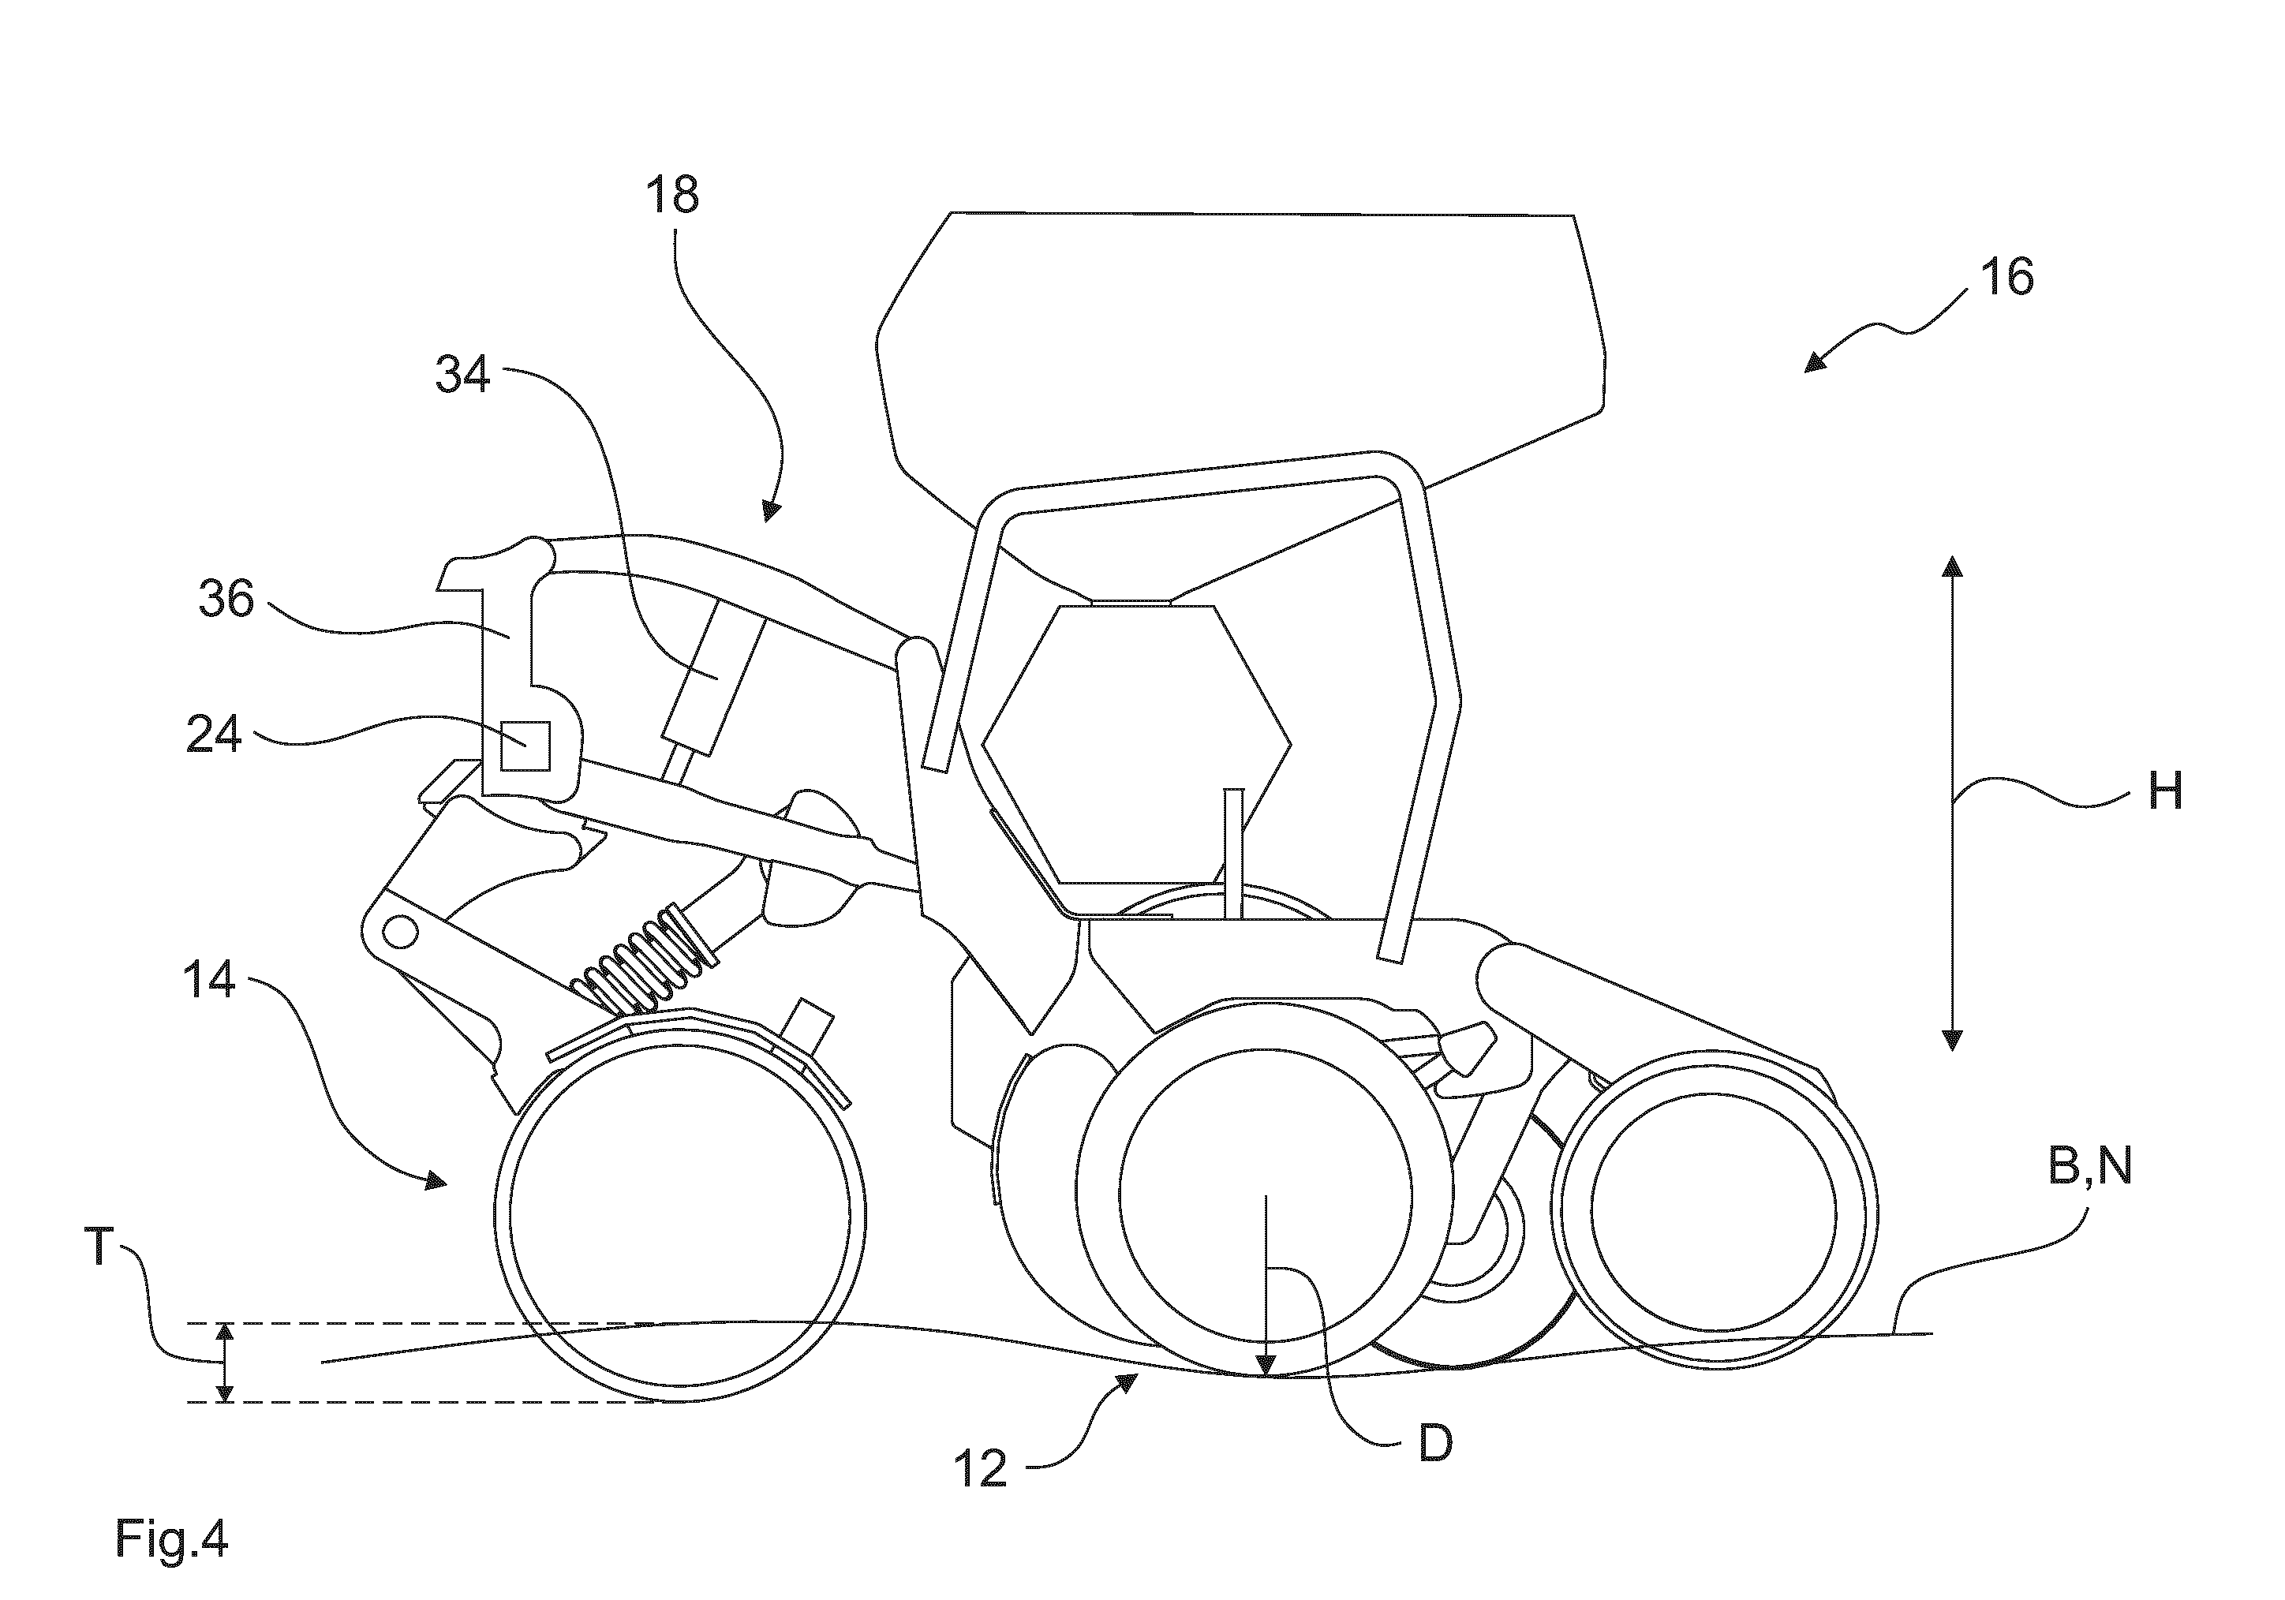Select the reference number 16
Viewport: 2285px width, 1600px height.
coord(2006,277)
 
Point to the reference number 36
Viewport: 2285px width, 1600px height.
coord(227,599)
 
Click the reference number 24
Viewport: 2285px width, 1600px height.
coord(215,735)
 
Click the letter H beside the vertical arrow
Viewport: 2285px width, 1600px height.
coord(2166,792)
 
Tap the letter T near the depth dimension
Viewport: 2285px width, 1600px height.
coord(99,1246)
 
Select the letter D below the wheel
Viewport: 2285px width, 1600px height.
coord(1435,1443)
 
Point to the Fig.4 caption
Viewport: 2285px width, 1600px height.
coord(172,1538)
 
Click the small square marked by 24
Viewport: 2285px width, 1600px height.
coord(525,746)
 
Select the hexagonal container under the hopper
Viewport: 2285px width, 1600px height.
coord(1136,743)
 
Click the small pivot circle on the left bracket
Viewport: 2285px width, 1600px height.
coord(400,933)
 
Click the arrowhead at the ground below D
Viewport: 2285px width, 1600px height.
coord(1265,1366)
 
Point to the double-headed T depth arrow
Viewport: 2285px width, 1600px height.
coord(226,1363)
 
